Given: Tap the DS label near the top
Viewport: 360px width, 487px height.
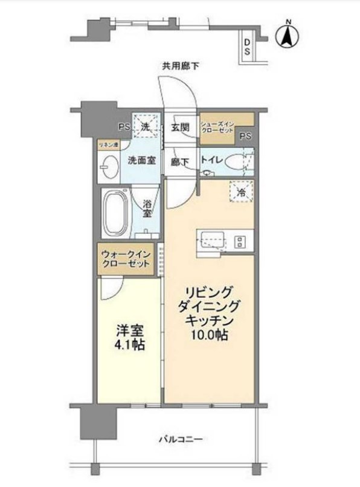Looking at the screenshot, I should point(248,46).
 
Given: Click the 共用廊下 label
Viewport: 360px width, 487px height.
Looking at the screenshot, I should point(180,67).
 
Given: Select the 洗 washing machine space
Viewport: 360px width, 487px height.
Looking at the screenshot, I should point(145,126).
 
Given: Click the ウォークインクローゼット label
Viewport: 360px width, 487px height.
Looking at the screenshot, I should point(126,260).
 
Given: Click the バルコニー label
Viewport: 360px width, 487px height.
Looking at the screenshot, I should point(181,439).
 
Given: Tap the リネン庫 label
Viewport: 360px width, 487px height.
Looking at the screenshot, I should point(109,145).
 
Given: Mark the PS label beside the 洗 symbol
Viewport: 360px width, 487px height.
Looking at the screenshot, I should point(124,127).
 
